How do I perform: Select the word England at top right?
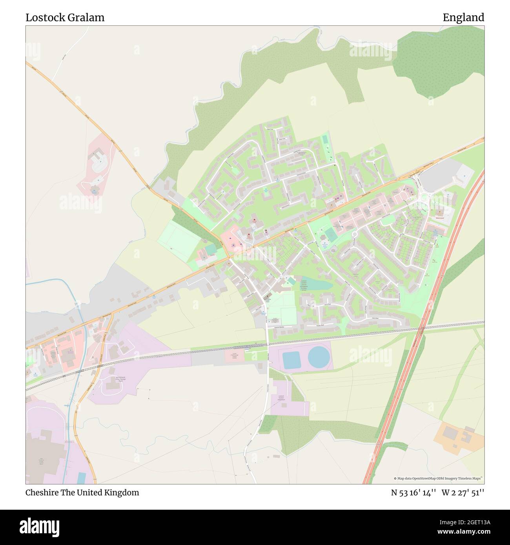pos(463,18)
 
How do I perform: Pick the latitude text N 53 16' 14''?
pos(413,492)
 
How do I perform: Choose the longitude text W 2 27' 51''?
pos(463,492)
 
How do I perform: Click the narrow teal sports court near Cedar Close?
pos(324,139)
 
